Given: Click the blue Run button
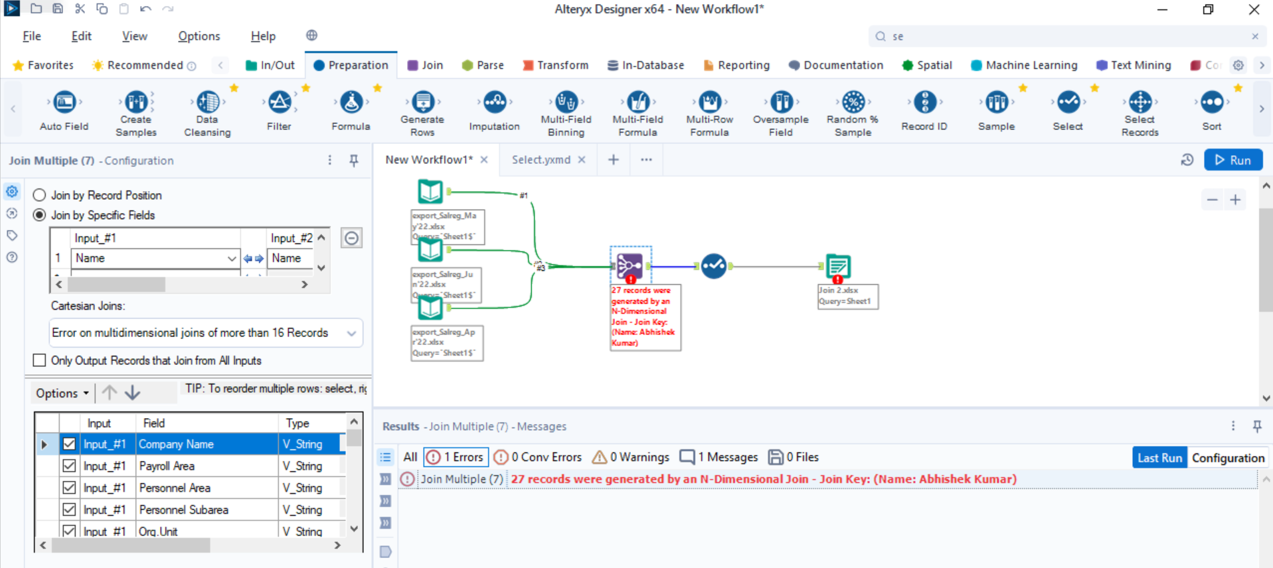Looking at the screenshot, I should point(1232,160).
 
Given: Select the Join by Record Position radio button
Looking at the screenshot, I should point(40,195).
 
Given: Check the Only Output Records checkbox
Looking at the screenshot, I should point(40,360).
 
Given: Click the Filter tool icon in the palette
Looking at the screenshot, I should point(279,103).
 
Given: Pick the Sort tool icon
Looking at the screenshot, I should point(1211,103).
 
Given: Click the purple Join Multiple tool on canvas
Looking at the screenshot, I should point(630,265).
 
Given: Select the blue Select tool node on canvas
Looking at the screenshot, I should point(713,266).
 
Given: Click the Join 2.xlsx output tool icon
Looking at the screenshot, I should point(838,266).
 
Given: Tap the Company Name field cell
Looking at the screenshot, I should point(207,444).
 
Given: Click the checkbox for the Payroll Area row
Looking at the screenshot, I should point(69,466).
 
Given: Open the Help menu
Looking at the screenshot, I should point(263,36).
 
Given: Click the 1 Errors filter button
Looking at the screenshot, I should point(456,457).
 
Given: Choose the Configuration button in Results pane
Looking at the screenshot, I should point(1227,458).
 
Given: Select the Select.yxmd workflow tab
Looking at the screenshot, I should point(541,160).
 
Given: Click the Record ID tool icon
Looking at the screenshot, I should point(924,103).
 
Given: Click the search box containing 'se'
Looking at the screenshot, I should point(1062,36).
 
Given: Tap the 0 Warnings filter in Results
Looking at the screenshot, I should point(630,457).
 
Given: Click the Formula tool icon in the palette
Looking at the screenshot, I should point(351,103).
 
